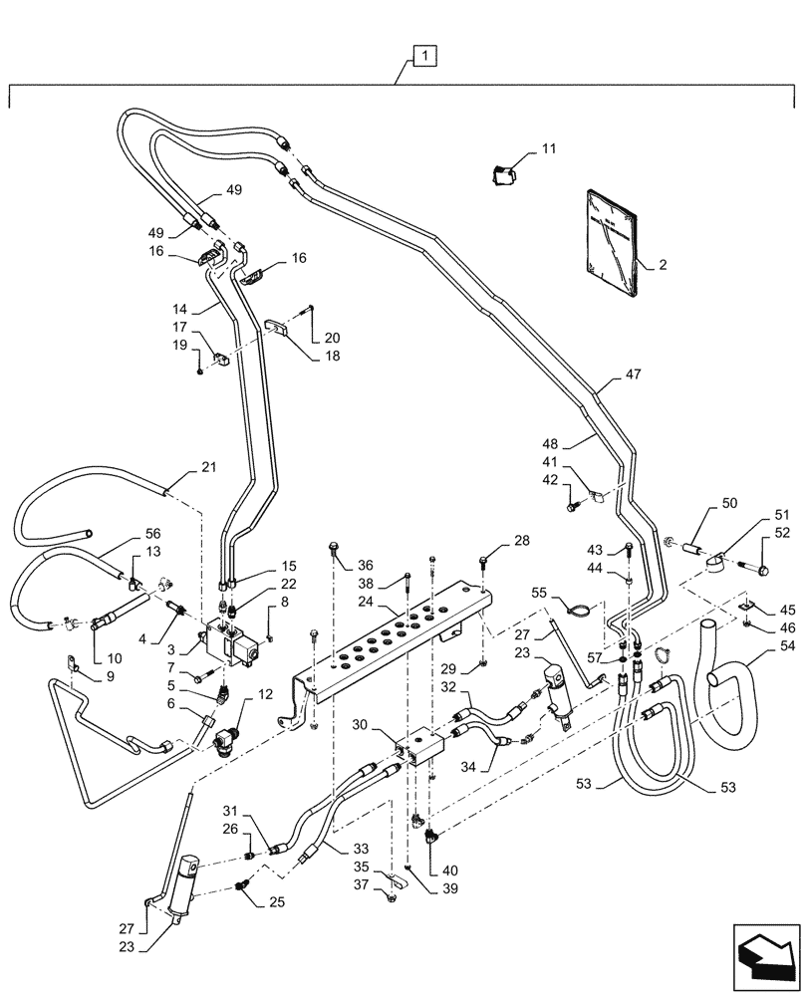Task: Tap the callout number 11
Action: [x=549, y=148]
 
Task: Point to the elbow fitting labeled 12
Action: [x=232, y=741]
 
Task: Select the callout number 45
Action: [x=787, y=610]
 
